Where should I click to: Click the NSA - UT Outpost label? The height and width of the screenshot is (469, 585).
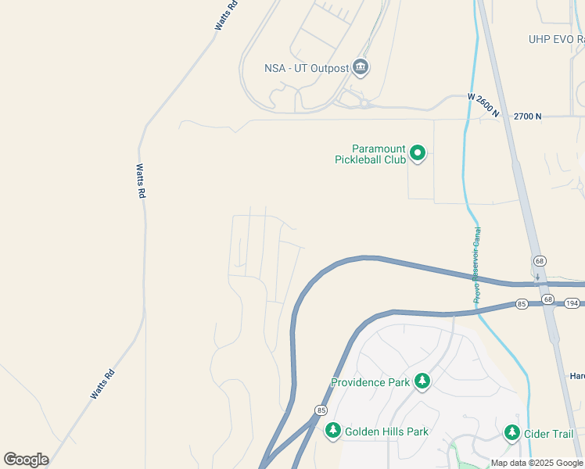click(x=307, y=68)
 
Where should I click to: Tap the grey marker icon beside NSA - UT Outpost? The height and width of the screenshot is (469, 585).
click(x=361, y=68)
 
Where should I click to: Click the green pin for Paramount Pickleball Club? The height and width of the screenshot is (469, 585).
click(x=418, y=153)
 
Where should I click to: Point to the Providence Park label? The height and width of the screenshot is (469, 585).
click(x=371, y=383)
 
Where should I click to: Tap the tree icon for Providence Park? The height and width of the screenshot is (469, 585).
click(x=422, y=381)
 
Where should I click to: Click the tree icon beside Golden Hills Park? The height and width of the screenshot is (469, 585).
click(x=333, y=431)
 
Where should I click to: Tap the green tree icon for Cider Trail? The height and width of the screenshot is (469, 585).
click(x=512, y=432)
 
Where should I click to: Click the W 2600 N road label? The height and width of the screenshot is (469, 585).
click(x=483, y=106)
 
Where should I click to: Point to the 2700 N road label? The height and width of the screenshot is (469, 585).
click(x=528, y=116)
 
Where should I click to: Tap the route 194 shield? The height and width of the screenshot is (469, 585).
click(x=572, y=303)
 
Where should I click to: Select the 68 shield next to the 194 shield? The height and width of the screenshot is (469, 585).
click(x=547, y=300)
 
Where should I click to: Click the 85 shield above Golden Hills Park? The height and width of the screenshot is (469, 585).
click(x=321, y=410)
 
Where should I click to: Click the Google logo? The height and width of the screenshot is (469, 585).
click(x=26, y=460)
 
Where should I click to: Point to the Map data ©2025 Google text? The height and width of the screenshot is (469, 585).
click(x=537, y=463)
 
